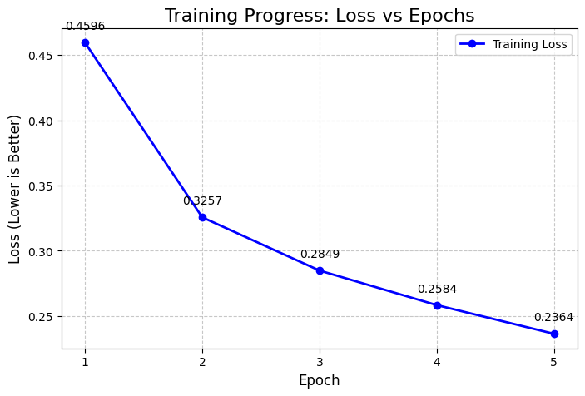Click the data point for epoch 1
pyautogui.click(x=85, y=42)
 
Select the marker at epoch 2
pyautogui.click(x=202, y=217)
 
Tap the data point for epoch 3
pyautogui.click(x=320, y=270)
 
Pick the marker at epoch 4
pyautogui.click(x=437, y=305)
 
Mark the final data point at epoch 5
pyautogui.click(x=554, y=334)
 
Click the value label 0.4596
pyautogui.click(x=85, y=26)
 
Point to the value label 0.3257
pyautogui.click(x=202, y=200)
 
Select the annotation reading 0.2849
pyautogui.click(x=320, y=254)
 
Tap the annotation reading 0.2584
pyautogui.click(x=437, y=289)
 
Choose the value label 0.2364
pyautogui.click(x=553, y=317)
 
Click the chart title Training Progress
pyautogui.click(x=320, y=15)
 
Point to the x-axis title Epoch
pyautogui.click(x=320, y=380)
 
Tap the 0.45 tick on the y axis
pyautogui.click(x=41, y=56)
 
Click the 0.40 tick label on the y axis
pyautogui.click(x=41, y=121)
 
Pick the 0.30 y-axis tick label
pyautogui.click(x=41, y=251)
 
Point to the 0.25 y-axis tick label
pyautogui.click(x=41, y=317)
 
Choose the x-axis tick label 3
pyautogui.click(x=320, y=362)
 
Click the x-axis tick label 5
pyautogui.click(x=554, y=362)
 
